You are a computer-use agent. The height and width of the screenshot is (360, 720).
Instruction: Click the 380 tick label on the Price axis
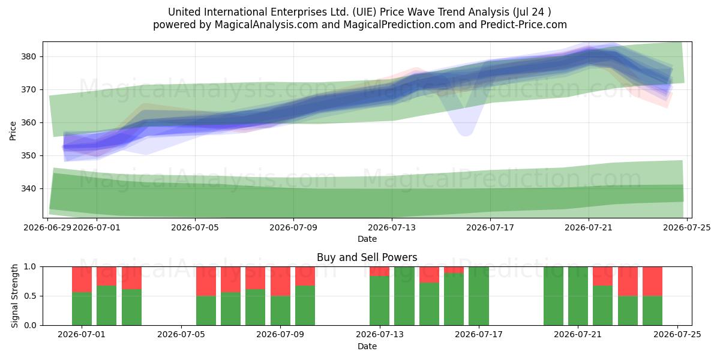(28, 57)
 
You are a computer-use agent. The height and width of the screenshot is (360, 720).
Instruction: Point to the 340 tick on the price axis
(28, 188)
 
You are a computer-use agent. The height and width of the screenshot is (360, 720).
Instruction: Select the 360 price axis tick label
(28, 123)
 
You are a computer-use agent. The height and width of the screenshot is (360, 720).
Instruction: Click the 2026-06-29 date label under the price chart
(47, 227)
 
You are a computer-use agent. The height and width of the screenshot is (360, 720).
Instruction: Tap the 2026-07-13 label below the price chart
(391, 227)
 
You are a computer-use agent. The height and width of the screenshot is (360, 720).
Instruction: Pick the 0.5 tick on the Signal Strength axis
(30, 296)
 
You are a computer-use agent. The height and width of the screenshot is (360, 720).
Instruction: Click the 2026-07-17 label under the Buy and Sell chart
(479, 335)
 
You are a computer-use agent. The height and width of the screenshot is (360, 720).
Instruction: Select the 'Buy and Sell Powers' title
(367, 257)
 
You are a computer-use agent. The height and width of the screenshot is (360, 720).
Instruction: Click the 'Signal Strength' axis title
(14, 296)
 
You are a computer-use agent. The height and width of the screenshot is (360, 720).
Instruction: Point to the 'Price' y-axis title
(13, 131)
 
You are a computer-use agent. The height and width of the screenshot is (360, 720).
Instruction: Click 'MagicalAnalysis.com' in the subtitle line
(266, 25)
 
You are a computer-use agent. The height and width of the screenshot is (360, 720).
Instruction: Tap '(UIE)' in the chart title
(364, 12)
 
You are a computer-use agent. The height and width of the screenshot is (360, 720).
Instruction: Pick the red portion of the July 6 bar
(206, 281)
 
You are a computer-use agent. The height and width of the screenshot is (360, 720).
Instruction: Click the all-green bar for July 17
(479, 296)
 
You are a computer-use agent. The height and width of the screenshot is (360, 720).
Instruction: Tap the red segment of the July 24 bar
(653, 281)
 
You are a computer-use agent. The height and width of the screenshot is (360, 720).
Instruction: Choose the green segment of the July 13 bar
(379, 301)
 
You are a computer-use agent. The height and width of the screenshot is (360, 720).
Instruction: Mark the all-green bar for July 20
(553, 296)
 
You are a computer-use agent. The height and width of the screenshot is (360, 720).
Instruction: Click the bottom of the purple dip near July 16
(466, 136)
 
